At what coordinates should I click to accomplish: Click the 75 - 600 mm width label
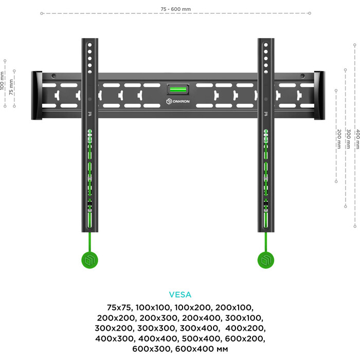(x=176, y=9)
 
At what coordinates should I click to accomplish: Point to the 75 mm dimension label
(x=11, y=84)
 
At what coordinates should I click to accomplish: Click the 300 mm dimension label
(x=348, y=139)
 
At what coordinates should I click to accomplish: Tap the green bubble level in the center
(x=177, y=89)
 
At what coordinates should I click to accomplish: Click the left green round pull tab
(x=91, y=260)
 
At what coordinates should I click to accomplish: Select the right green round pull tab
(x=266, y=260)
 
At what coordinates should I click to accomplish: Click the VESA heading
(x=180, y=295)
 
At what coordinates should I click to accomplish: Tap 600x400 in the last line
(x=198, y=350)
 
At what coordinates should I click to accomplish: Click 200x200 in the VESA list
(x=115, y=318)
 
